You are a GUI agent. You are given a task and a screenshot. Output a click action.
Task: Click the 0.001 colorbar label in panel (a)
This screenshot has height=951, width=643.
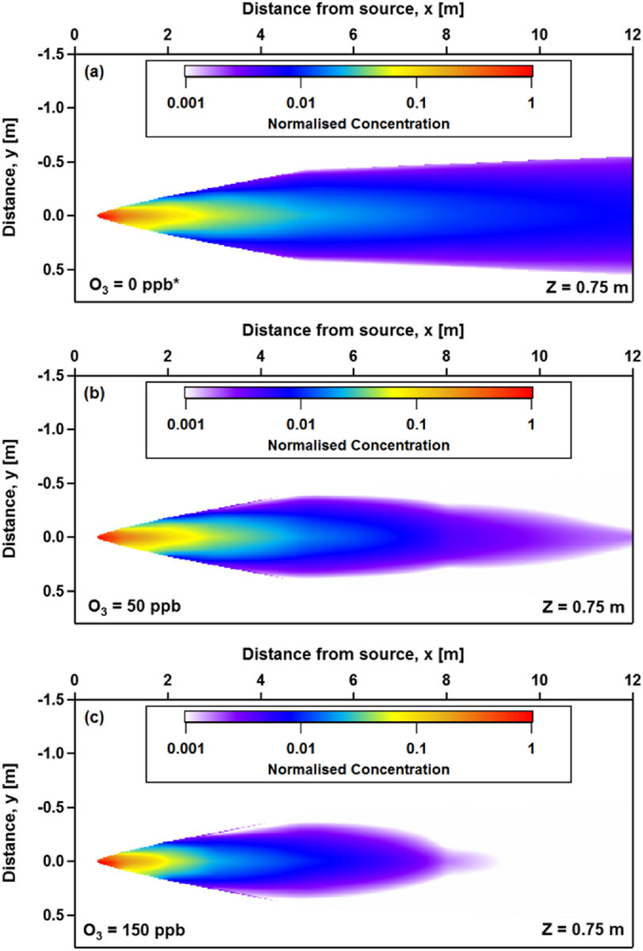(184, 103)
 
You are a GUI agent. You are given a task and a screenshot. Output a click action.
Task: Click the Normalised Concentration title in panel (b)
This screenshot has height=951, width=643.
(358, 445)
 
